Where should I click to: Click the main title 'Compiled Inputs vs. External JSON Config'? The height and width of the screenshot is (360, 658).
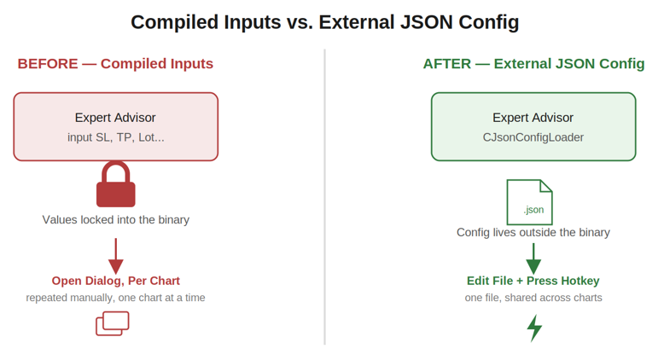pos(325,22)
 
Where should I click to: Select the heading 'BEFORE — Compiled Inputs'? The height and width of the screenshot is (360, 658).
pos(115,63)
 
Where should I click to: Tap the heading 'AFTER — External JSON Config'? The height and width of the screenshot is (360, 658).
pos(533,63)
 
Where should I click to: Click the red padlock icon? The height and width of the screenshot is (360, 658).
pos(116,184)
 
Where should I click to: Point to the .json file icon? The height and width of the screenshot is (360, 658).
pos(530,202)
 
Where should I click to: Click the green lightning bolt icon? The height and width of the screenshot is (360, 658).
pos(534,328)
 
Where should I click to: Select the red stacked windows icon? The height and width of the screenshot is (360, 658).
pos(113,323)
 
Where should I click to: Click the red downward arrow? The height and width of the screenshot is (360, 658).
pos(116,256)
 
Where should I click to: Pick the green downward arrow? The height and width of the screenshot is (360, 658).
pos(533,258)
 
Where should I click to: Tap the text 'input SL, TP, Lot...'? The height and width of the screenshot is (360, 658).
pos(116,137)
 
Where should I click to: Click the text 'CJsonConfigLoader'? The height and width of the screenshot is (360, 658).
pos(533,137)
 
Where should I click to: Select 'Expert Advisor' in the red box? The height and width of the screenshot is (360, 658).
pos(115,118)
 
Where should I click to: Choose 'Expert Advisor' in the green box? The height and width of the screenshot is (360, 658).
pos(533,118)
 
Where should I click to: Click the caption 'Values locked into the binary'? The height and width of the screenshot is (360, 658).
pos(116,219)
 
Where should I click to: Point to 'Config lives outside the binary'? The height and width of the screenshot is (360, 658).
pos(533,232)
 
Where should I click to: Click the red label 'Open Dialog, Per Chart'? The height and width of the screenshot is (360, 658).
pos(116,281)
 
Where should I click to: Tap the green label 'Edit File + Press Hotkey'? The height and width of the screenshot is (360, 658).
pos(533,281)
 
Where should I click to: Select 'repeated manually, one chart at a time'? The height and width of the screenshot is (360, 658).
pos(116,298)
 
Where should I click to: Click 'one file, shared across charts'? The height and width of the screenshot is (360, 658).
pos(533,298)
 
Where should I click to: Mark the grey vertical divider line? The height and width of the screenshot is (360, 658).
pos(325,197)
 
